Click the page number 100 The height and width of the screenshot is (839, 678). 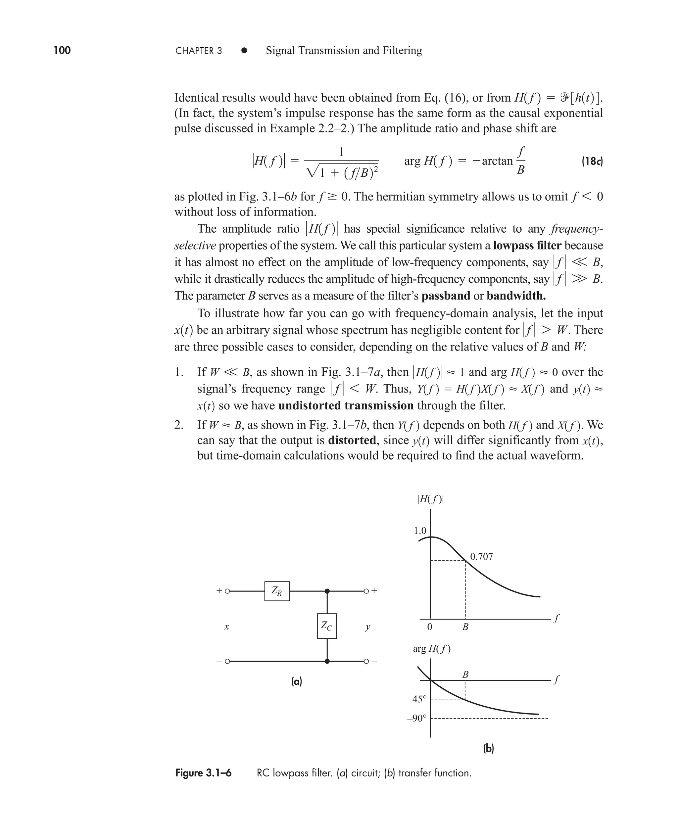62,50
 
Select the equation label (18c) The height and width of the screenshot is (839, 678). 592,161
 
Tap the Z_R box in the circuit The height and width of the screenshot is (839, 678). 277,591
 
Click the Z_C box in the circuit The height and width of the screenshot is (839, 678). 327,626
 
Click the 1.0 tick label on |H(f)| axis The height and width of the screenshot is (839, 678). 420,531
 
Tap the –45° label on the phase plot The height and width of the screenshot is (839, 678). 417,699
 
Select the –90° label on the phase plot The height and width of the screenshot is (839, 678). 417,718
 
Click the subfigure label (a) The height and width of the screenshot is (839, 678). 297,682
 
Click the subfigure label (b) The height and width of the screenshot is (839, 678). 489,748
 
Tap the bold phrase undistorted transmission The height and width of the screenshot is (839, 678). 346,406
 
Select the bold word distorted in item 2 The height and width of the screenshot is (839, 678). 352,441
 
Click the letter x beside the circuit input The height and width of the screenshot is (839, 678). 226,627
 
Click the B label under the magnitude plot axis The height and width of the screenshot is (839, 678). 465,627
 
